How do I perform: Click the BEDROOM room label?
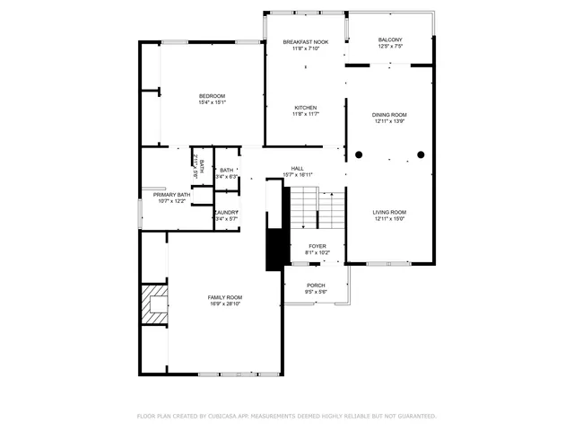pyautogui.click(x=212, y=96)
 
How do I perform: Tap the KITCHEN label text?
pyautogui.click(x=305, y=108)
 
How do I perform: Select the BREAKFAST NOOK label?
pyautogui.click(x=305, y=42)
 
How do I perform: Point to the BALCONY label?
pyautogui.click(x=390, y=40)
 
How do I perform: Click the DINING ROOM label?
pyautogui.click(x=390, y=115)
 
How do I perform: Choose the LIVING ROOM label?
pyautogui.click(x=390, y=212)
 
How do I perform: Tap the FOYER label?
pyautogui.click(x=317, y=246)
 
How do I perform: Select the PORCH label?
pyautogui.click(x=316, y=286)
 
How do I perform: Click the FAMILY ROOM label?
pyautogui.click(x=225, y=297)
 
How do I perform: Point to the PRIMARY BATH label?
pyautogui.click(x=171, y=195)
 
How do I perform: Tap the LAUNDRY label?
pyautogui.click(x=225, y=212)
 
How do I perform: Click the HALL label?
pyautogui.click(x=298, y=168)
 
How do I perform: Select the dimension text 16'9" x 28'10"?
pyautogui.click(x=225, y=303)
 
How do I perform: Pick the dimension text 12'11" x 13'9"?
pyautogui.click(x=390, y=121)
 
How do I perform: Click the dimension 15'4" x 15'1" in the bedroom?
pyautogui.click(x=212, y=102)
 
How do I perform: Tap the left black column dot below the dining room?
pyautogui.click(x=359, y=155)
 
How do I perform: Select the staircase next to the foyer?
pyautogui.click(x=319, y=208)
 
